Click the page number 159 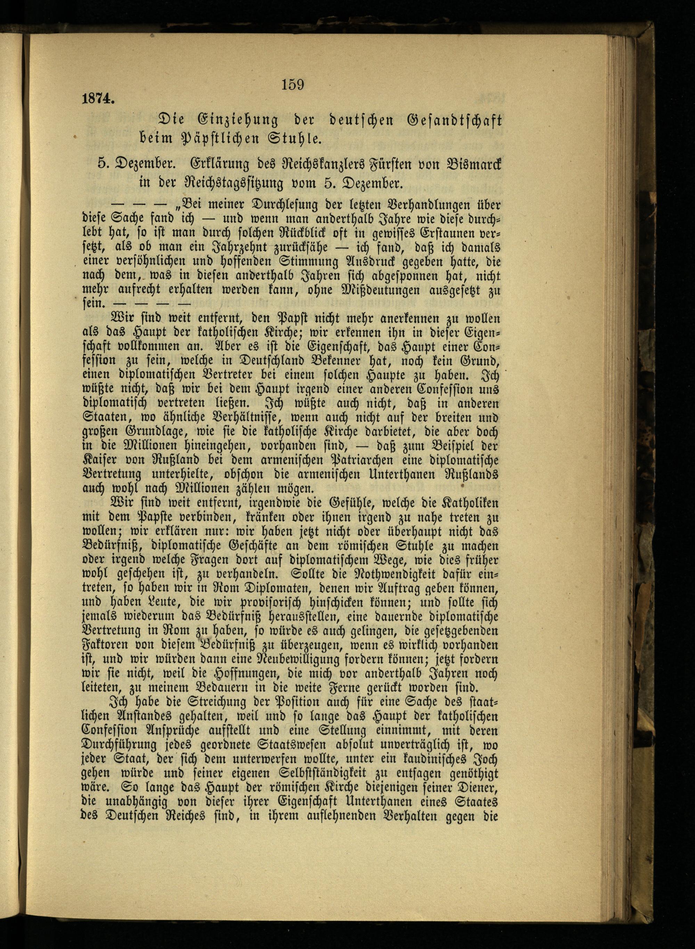(x=293, y=85)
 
